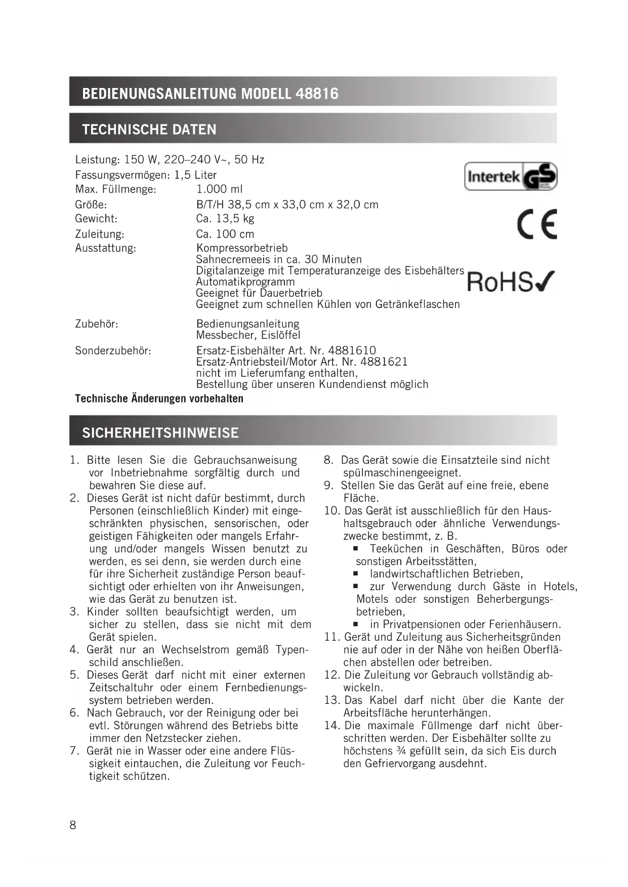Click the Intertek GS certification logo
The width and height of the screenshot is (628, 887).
[510, 176]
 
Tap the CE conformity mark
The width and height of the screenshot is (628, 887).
[537, 224]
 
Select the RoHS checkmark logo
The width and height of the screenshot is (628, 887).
[510, 282]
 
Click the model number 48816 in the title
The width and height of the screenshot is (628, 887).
[317, 94]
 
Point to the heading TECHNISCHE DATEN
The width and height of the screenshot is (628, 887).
[149, 129]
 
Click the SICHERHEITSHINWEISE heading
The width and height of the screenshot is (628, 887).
[160, 433]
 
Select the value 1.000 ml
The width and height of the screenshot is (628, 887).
[219, 189]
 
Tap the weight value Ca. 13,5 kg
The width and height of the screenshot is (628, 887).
[225, 218]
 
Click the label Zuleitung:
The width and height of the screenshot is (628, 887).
[100, 234]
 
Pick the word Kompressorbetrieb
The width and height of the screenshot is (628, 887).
[242, 248]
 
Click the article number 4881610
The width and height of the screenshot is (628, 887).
[352, 350]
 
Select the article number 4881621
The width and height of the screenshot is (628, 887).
[384, 362]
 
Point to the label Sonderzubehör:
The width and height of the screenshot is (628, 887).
[113, 350]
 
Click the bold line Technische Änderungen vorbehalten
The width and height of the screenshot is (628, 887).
[159, 398]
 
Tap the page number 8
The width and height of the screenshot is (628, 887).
[73, 825]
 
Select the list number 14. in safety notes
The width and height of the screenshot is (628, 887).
[331, 726]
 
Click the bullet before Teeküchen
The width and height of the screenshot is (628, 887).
[356, 549]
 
